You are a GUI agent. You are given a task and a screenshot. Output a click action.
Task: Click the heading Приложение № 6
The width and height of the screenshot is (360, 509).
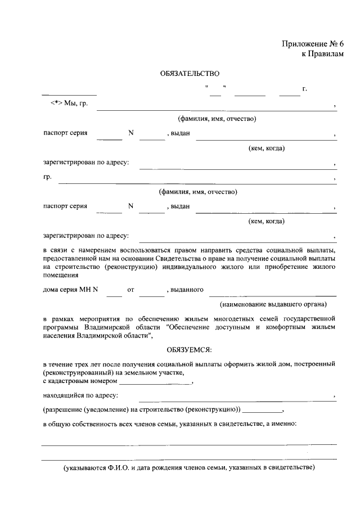point(312,44)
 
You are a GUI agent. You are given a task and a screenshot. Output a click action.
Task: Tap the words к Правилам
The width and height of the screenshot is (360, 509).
point(322,53)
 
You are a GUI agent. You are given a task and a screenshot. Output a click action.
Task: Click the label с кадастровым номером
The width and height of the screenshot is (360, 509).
point(79,381)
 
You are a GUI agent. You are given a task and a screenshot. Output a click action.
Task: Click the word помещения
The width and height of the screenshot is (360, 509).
point(60,276)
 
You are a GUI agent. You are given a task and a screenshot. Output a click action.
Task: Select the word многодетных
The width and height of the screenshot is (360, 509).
point(202,318)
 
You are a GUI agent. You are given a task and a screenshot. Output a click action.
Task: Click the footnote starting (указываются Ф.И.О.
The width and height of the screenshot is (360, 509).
point(189,467)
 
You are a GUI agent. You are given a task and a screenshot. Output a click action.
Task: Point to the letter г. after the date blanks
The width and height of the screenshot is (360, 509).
point(304,89)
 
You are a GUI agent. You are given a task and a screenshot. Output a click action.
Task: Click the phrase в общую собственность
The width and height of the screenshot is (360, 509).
point(79,424)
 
